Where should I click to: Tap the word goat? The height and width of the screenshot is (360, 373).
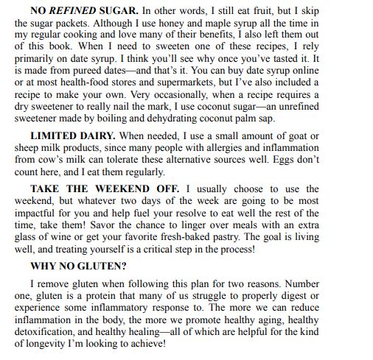344,136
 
